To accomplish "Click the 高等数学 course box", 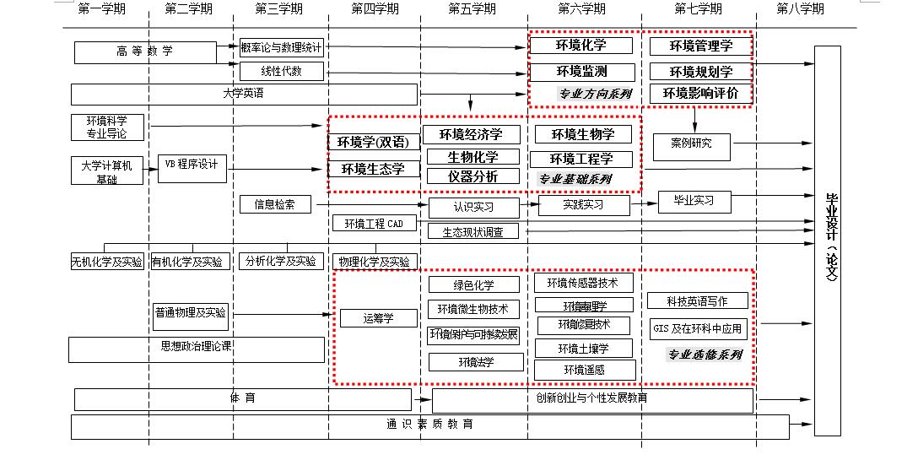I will pos(145,52).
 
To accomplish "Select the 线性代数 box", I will pos(282,71).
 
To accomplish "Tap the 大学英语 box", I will pos(244,94).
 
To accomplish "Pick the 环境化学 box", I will pos(580,46).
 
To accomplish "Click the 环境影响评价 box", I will pos(699,93).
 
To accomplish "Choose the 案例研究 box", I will pos(691,144).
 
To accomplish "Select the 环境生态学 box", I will pos(373,169).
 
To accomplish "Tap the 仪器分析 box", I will pos(472,176).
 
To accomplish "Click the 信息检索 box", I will pos(275,204).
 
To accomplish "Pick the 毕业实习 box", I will pos(694,202).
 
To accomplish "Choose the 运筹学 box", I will pos(379,318).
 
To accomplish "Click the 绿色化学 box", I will pos(474,285).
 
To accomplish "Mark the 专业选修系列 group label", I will pos(705,354).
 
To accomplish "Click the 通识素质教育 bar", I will pos(429,425).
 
